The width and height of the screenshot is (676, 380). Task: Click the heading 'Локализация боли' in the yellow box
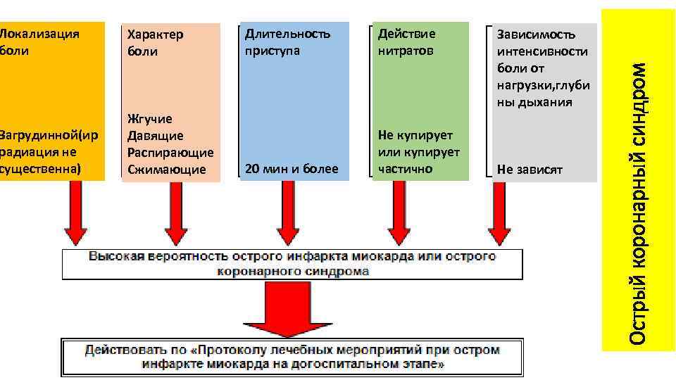(x=39, y=42)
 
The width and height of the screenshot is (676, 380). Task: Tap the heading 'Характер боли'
(x=155, y=43)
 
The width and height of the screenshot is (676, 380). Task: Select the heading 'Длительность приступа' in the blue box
(x=287, y=42)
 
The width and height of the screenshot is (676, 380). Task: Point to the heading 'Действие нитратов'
(x=407, y=42)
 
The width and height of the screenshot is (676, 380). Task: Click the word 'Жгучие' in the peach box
(x=150, y=119)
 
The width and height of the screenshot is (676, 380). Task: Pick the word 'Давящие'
(x=156, y=136)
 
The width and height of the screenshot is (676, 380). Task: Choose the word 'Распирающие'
(x=170, y=153)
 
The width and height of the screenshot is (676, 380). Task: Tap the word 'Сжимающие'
(x=167, y=170)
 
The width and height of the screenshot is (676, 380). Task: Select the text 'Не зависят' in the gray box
(x=530, y=170)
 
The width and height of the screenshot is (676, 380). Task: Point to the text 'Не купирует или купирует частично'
(x=419, y=152)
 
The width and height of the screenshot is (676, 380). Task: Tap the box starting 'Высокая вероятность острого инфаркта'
(x=292, y=263)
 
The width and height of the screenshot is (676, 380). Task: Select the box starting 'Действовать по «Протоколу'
(x=292, y=357)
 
